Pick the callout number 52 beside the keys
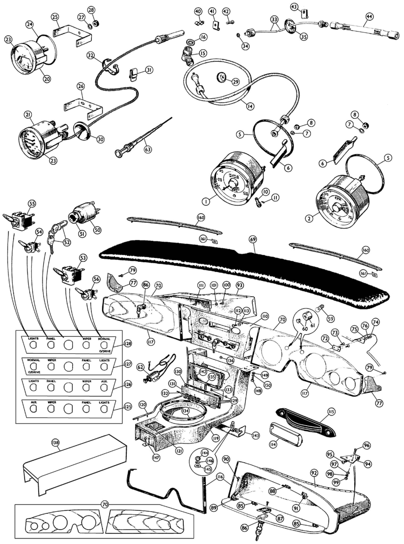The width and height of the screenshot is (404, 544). click(x=67, y=242)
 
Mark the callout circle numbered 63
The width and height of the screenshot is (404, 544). click(x=148, y=149)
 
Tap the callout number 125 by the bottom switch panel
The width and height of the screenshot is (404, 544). click(x=128, y=407)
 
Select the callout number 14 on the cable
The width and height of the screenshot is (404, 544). click(x=250, y=106)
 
